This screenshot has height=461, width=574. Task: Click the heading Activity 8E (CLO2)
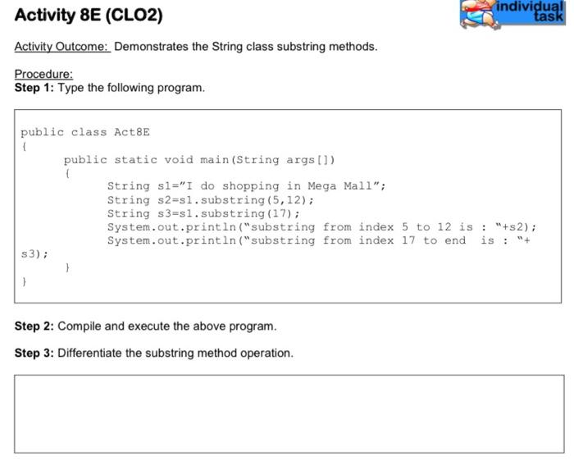coord(89,16)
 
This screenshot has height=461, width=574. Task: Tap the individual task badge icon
coord(512,14)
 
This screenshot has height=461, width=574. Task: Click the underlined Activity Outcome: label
coord(61,46)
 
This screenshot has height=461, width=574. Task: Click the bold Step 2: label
coord(34,326)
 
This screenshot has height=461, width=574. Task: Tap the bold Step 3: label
coord(34,354)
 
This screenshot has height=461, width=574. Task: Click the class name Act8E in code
coord(132,132)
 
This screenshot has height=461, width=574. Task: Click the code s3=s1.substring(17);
coord(224,213)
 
